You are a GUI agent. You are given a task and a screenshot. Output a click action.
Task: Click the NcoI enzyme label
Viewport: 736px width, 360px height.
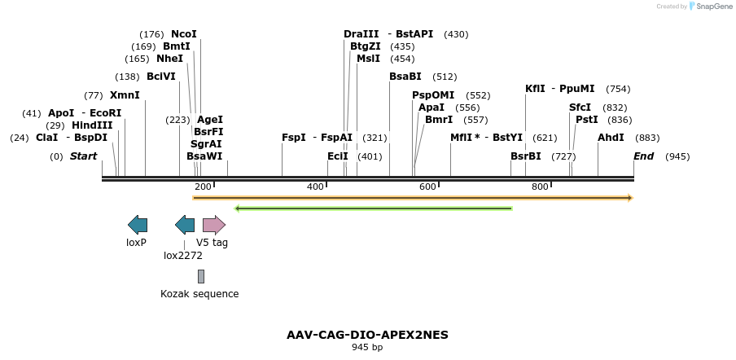184,34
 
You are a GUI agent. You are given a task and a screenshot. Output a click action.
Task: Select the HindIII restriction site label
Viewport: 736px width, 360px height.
92,125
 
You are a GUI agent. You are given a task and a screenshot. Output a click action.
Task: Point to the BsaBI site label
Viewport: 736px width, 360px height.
405,77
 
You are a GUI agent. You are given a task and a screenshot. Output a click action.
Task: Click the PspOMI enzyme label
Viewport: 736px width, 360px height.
433,95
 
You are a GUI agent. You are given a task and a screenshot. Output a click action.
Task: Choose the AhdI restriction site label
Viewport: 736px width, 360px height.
611,138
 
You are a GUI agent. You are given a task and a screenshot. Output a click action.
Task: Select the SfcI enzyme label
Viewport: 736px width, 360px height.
580,108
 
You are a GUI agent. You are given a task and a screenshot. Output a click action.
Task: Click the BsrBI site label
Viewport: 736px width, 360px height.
526,156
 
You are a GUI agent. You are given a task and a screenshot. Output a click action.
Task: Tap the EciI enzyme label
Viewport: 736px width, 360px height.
338,156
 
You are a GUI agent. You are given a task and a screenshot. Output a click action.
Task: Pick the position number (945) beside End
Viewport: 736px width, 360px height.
677,156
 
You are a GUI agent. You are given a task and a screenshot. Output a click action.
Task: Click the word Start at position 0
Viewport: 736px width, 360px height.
83,156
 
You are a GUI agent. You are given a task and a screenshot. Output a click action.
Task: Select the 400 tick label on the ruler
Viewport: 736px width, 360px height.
315,187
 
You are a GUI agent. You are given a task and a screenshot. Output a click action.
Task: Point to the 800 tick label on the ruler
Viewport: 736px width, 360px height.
540,187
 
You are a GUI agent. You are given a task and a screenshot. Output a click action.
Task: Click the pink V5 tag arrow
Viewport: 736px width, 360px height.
213,225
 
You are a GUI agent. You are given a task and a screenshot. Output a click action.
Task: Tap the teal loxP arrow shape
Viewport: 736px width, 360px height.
138,225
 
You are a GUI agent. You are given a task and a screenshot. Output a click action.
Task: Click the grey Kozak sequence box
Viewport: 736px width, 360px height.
201,276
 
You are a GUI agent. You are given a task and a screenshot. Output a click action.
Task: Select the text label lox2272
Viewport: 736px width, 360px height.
183,255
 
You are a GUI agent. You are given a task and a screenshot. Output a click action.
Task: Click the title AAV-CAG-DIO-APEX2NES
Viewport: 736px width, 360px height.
367,335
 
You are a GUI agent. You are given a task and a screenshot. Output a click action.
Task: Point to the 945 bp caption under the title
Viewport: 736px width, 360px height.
367,347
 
